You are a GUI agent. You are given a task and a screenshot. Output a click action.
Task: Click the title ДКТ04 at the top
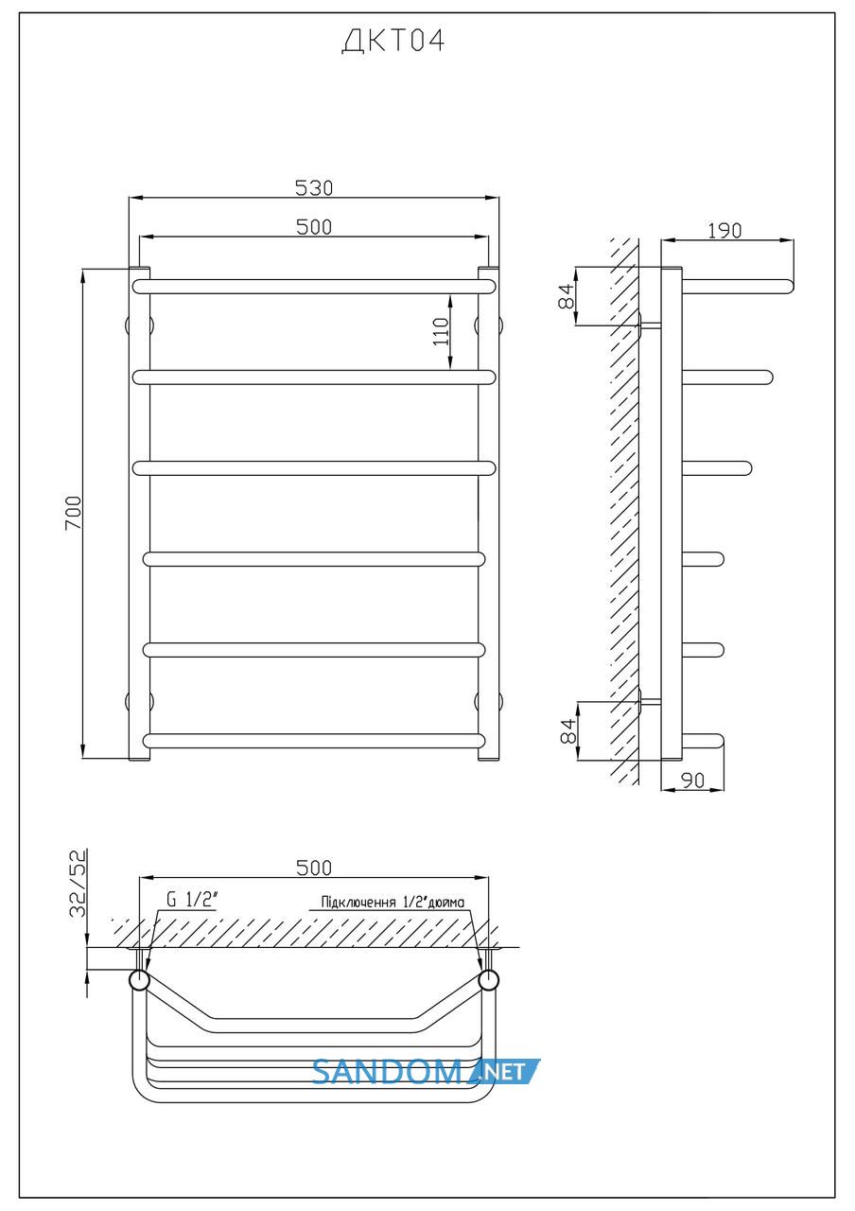pyautogui.click(x=393, y=41)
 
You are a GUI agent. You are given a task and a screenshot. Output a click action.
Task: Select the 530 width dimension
pyautogui.click(x=314, y=187)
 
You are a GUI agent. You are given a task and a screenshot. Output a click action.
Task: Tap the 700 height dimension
pyautogui.click(x=73, y=513)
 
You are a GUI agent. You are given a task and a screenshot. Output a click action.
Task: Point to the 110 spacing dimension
pyautogui.click(x=441, y=332)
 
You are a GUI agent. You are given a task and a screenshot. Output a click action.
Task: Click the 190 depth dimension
pyautogui.click(x=724, y=231)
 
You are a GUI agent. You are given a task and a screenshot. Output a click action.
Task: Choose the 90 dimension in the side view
pyautogui.click(x=693, y=781)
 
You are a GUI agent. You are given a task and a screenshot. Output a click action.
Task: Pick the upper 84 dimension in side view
pyautogui.click(x=566, y=296)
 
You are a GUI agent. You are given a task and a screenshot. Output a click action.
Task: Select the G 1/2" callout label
pyautogui.click(x=192, y=900)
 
